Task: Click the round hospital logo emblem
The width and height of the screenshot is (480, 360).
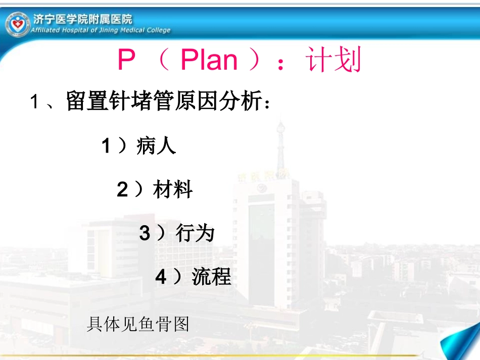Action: pos(18,24)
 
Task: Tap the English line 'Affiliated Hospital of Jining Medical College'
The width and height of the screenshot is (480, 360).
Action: pos(101,30)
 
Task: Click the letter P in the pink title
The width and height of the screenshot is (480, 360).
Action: pos(126,61)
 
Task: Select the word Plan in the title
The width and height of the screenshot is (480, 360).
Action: pos(209,61)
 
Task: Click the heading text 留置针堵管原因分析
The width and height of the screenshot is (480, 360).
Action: pos(165,102)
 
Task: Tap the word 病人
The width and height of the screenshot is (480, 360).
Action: pos(156,146)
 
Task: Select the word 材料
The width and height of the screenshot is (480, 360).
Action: pos(172,190)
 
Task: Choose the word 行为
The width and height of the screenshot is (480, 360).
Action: pos(195,233)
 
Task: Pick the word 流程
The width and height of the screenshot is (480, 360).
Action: pos(211,277)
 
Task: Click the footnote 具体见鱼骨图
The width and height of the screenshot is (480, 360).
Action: pos(138,324)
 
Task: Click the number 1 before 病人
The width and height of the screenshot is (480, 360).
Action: pos(106,146)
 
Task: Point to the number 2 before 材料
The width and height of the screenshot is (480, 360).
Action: pos(122,190)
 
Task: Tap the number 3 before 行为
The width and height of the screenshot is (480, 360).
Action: pos(145,234)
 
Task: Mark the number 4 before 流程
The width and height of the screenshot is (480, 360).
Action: pos(161,277)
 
